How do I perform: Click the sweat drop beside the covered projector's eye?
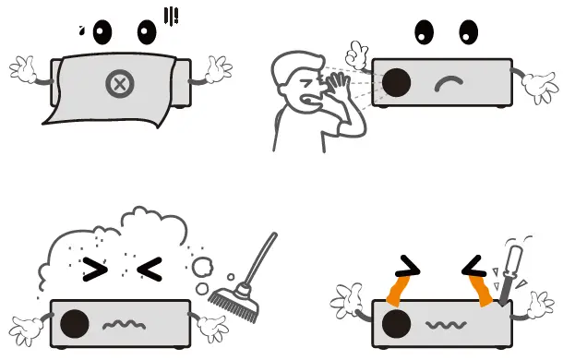[x=83, y=30]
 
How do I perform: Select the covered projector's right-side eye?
[x=148, y=32]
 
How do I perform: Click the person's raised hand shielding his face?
[x=335, y=89]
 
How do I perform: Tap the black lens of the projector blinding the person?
[x=396, y=82]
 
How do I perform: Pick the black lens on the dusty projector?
[x=75, y=323]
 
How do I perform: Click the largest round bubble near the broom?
[x=202, y=267]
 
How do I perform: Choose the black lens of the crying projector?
[x=396, y=324]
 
